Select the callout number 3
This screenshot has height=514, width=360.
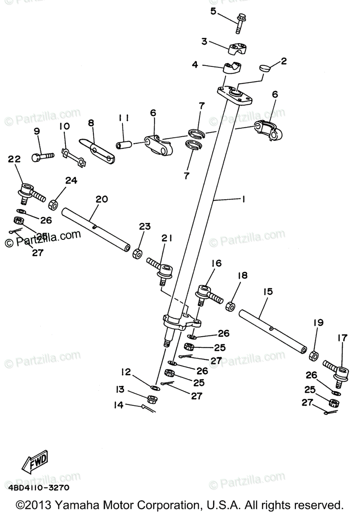(205, 42)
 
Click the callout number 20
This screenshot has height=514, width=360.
(102, 199)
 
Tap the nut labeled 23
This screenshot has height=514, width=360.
(138, 253)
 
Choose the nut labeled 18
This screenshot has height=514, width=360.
(230, 306)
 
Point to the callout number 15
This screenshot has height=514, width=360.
(268, 292)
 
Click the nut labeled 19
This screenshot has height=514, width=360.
(314, 355)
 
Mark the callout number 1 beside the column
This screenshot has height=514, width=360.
(243, 199)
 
